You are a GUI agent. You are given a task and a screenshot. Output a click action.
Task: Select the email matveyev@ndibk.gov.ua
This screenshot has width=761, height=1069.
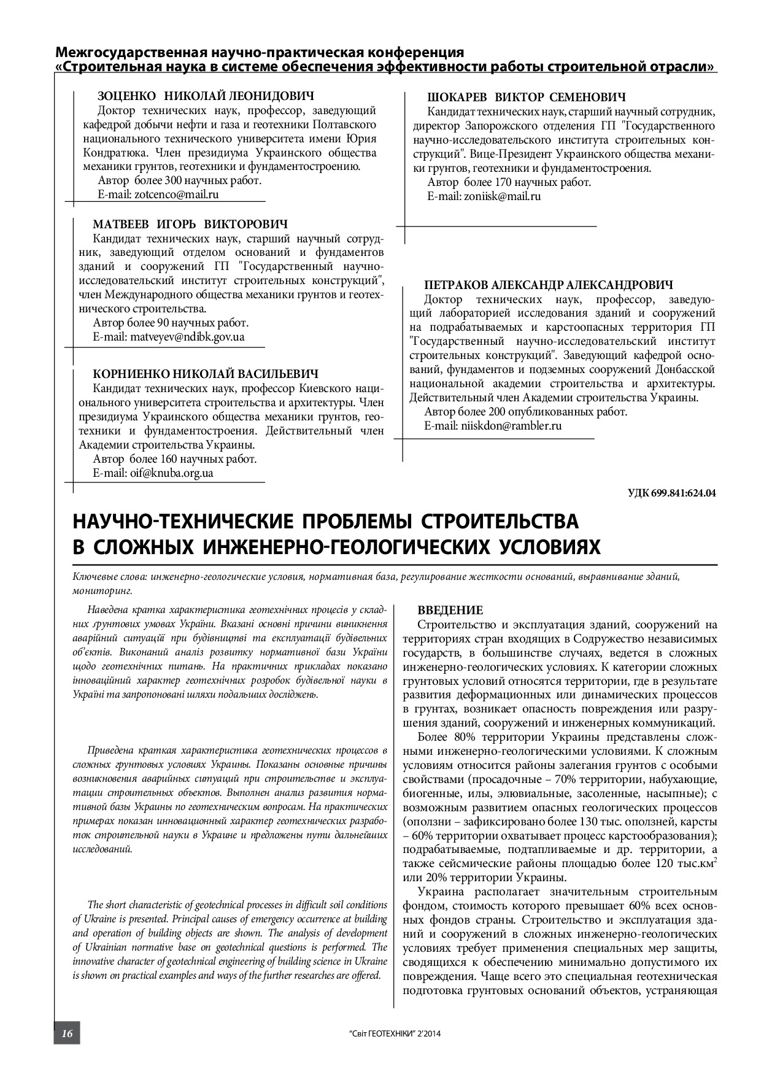187,337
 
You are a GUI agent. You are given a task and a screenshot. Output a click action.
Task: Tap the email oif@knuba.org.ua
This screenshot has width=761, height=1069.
171,473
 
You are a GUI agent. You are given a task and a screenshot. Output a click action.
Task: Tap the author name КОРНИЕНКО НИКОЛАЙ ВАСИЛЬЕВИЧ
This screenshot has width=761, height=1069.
206,374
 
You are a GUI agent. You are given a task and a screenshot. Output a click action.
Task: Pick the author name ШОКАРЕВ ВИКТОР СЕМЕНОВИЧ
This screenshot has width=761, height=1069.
526,98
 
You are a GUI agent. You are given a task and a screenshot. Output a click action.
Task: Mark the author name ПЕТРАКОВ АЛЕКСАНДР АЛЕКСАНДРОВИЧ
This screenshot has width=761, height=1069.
548,285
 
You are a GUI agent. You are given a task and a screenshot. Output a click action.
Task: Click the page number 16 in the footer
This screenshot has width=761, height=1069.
66,1033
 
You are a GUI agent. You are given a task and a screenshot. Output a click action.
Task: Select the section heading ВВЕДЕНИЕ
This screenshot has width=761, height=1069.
450,611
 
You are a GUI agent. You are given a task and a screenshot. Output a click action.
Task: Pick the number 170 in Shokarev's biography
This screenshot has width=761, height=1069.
504,182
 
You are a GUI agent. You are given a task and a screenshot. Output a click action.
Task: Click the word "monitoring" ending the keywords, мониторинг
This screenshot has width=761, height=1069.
102,591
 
